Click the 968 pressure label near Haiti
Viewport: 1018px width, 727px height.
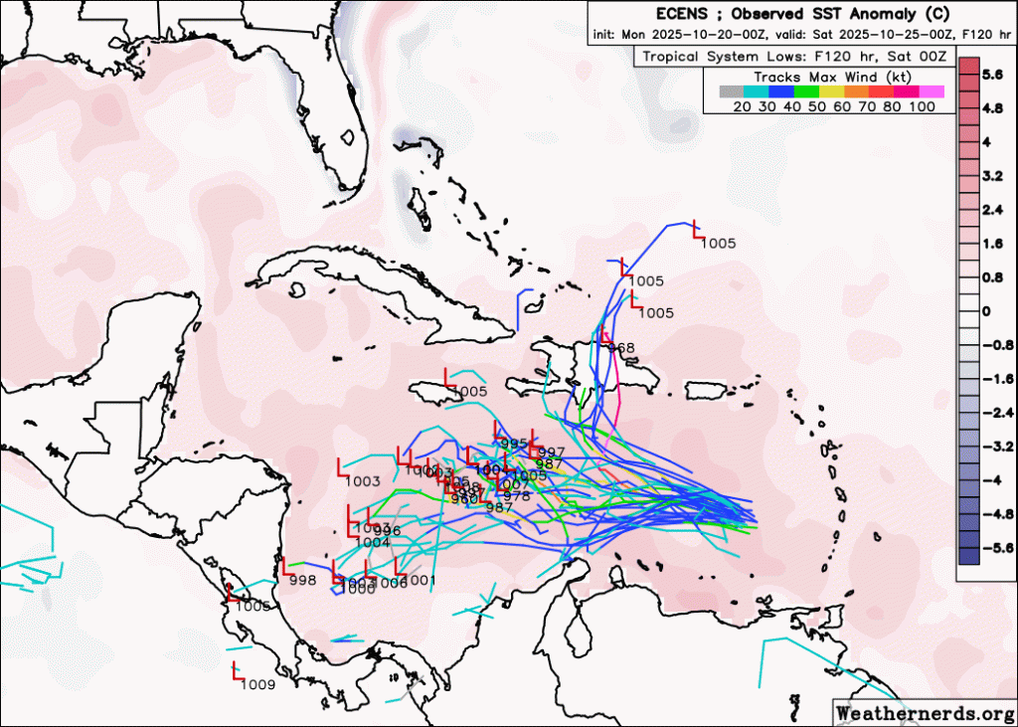pos(620,348)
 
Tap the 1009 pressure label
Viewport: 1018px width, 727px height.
pos(257,684)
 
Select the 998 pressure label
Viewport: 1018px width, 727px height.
pos(302,580)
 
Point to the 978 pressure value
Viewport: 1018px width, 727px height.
pos(517,496)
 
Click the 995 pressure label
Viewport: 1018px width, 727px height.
pos(514,444)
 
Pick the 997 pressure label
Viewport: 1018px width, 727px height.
pos(551,453)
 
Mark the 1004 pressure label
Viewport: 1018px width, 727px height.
pos(372,543)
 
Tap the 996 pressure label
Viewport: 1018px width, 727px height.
pos(387,531)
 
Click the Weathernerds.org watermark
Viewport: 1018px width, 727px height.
pos(919,712)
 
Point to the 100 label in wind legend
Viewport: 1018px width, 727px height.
pos(921,106)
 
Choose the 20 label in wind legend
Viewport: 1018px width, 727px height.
pos(742,106)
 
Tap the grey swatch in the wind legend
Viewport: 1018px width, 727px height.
pos(731,91)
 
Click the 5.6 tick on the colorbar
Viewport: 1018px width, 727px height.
pos(991,75)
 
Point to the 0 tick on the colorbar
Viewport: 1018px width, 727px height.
pos(986,311)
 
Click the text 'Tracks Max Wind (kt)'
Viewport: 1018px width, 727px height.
pos(830,77)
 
